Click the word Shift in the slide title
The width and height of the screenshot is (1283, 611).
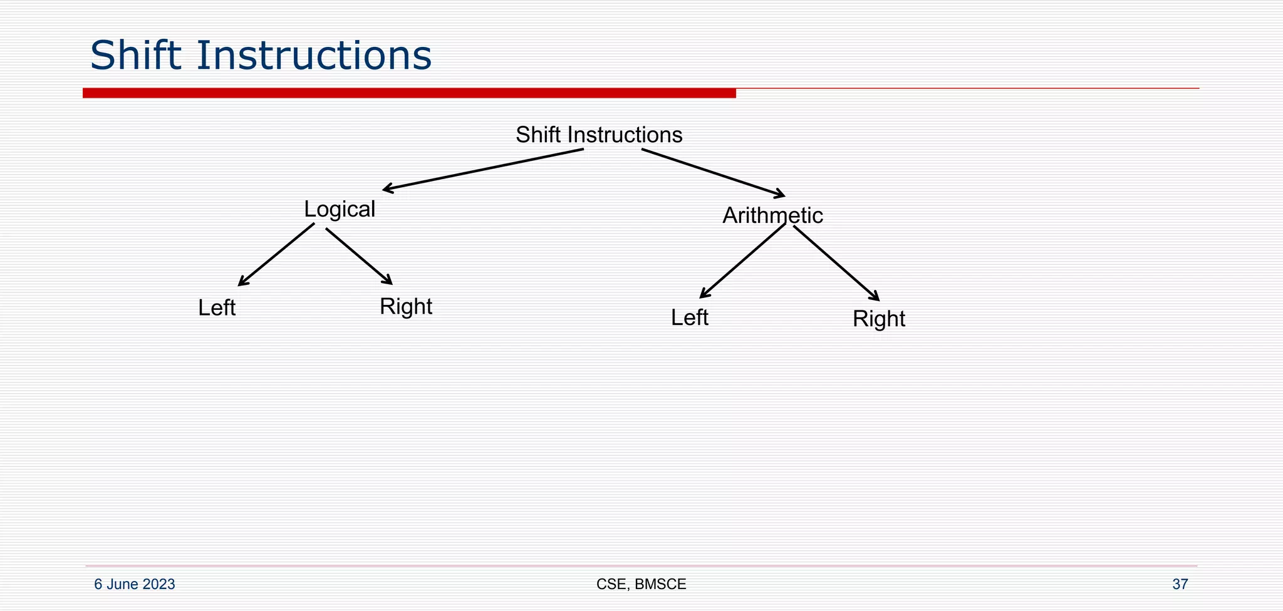[137, 55]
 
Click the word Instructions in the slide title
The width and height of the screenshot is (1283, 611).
[314, 55]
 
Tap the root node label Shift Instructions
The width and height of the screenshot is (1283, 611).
[599, 135]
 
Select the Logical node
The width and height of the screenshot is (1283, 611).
[340, 209]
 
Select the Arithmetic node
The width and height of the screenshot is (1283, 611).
[772, 215]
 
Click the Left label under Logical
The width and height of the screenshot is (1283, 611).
[217, 308]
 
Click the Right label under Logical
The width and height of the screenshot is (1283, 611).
[406, 307]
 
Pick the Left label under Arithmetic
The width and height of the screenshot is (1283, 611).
[689, 318]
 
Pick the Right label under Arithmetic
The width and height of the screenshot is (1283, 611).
[879, 319]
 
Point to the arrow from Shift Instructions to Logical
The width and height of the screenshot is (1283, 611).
[482, 169]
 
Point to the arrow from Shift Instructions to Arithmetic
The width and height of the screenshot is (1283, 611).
[713, 172]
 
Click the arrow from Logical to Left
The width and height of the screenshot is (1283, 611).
[276, 255]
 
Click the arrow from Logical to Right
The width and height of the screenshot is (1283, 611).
[359, 256]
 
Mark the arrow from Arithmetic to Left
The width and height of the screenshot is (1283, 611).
[742, 260]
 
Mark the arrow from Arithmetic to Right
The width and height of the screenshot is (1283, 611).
[836, 263]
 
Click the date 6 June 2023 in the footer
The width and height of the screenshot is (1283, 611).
[135, 584]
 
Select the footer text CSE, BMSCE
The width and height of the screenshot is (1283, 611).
[641, 584]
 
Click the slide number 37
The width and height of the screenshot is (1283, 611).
[1180, 584]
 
